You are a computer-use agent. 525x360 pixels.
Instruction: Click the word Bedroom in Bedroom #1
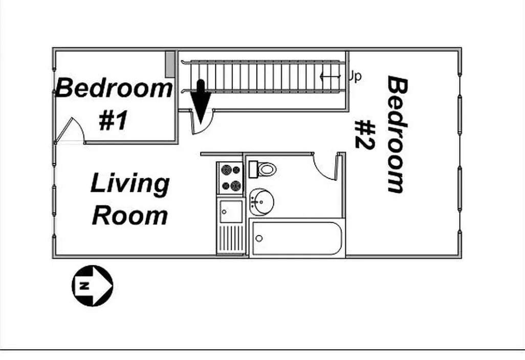click(x=114, y=88)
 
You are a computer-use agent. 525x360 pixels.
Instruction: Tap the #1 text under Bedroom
click(x=113, y=121)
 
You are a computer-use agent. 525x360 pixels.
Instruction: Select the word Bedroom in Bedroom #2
click(x=396, y=135)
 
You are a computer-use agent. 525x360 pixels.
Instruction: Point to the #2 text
click(x=365, y=135)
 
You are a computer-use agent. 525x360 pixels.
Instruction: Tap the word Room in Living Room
click(x=130, y=215)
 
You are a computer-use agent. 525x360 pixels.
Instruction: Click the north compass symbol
click(x=92, y=286)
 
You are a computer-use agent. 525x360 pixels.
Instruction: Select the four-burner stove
click(x=230, y=178)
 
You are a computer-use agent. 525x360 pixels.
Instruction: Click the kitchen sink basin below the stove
click(x=230, y=211)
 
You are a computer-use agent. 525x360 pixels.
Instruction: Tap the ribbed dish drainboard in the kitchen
click(x=230, y=239)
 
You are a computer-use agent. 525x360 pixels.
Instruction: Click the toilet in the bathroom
click(x=264, y=168)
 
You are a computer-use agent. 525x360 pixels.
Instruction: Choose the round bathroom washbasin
click(x=261, y=201)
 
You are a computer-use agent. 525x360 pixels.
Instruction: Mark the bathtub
click(x=296, y=239)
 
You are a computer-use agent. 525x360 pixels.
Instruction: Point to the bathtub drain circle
click(x=259, y=238)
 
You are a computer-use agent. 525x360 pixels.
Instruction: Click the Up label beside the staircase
click(x=355, y=77)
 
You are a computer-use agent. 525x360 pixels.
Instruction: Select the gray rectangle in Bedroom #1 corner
click(x=170, y=63)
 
